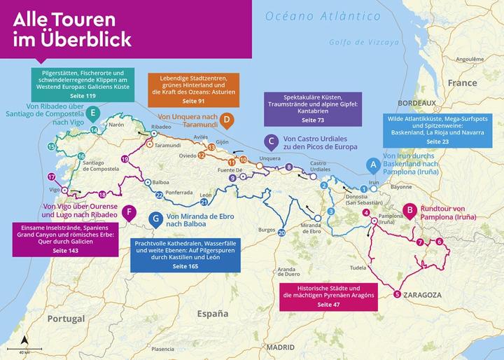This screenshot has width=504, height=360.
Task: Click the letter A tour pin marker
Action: tap(374, 165)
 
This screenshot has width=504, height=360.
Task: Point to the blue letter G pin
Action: tap(155, 219)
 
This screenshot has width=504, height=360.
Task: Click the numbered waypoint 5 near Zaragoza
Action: tap(397, 294)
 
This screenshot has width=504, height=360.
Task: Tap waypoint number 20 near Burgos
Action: tap(281, 232)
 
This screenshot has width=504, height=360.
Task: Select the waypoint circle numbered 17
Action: tap(51, 177)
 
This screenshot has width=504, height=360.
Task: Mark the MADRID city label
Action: tap(281, 347)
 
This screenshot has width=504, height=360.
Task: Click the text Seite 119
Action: tap(83, 95)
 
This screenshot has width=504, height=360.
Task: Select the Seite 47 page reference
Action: tap(327, 305)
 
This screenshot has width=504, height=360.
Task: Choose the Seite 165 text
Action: tap(185, 267)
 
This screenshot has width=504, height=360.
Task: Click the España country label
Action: tap(212, 314)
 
